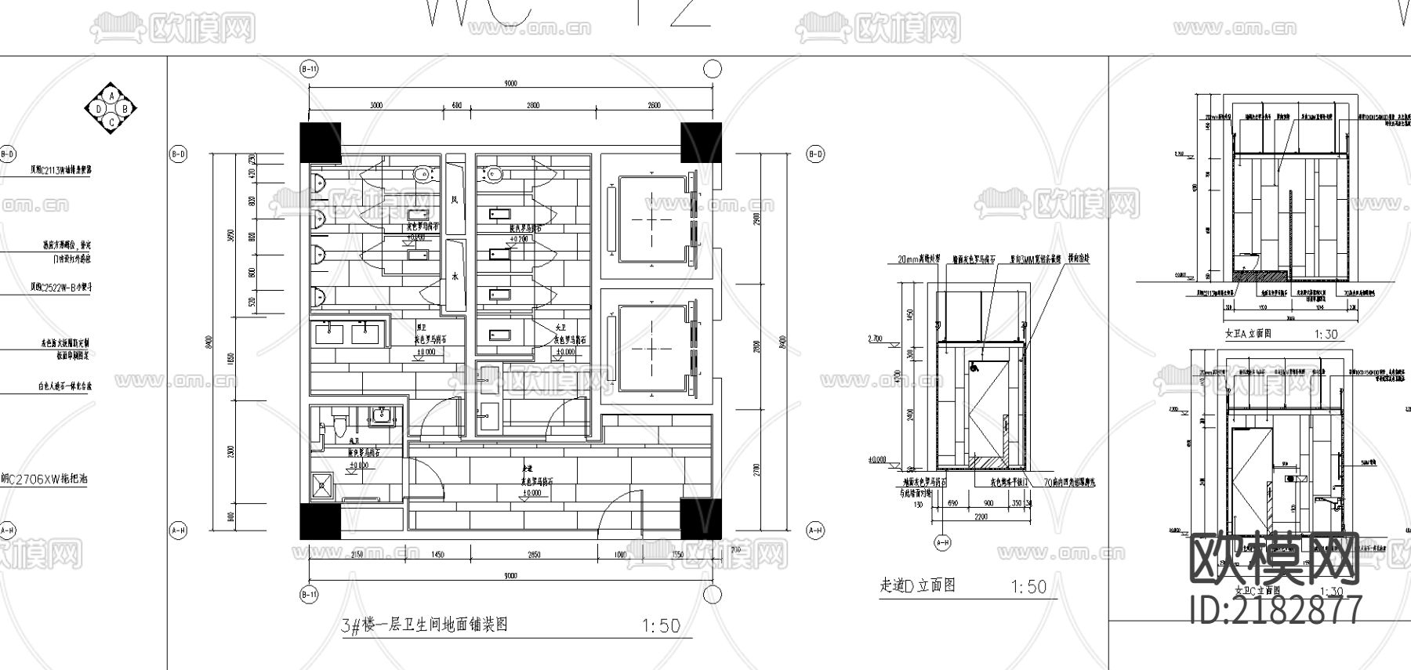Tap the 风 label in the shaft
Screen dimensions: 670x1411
pos(454,200)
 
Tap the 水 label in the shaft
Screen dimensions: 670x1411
pos(454,276)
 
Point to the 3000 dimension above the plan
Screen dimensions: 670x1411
pos(376,105)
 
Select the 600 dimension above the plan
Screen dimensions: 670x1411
pos(457,105)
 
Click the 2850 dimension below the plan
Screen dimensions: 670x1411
pos(534,555)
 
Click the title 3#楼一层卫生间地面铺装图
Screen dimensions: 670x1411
pos(424,625)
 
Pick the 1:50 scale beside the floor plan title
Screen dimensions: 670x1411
pos(661,626)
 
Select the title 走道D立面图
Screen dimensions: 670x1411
pos(917,585)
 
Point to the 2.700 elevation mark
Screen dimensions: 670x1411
pos(875,339)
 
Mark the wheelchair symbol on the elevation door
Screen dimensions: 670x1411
pos(974,365)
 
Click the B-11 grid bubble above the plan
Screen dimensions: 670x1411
pos(310,69)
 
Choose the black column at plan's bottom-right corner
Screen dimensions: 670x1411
pos(700,518)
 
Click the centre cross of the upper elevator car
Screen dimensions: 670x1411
pos(652,219)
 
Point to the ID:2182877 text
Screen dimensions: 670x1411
pos(1275,610)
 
